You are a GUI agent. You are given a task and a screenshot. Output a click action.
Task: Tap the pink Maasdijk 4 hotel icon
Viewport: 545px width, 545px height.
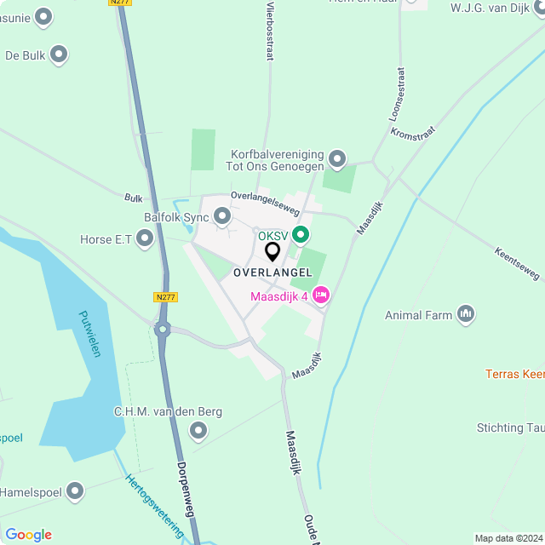pos(321,295)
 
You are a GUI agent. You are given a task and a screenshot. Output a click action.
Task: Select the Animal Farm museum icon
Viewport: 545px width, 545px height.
pos(465,315)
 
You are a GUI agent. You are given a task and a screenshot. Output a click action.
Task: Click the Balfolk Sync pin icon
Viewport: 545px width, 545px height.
pos(222,217)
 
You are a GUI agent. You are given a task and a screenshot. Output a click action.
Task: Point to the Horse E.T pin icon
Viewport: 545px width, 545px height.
pos(145,239)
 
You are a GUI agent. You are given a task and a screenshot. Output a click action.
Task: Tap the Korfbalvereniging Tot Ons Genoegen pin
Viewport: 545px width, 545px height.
pos(337,159)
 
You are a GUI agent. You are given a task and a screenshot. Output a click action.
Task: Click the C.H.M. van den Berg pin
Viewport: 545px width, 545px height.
pos(198,431)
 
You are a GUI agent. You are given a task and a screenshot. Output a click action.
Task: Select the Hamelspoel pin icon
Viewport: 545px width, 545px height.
pos(76,491)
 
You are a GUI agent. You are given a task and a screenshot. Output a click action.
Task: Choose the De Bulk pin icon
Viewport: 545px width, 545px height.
pos(59,55)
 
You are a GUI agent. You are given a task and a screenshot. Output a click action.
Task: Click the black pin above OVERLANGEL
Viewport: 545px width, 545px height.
pos(272,252)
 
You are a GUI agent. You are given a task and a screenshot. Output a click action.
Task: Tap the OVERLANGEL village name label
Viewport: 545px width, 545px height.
pos(272,272)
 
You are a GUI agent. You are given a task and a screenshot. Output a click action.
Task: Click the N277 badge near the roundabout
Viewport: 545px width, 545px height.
pos(165,297)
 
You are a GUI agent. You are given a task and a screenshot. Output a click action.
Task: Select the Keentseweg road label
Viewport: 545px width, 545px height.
pos(517,263)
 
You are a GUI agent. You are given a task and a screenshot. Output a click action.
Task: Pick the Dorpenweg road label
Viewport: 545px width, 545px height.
pos(188,490)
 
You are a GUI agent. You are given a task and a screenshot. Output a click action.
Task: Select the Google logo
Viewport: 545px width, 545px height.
pos(29,534)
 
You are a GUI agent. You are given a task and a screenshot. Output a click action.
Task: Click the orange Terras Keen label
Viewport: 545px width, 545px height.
pos(514,374)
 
